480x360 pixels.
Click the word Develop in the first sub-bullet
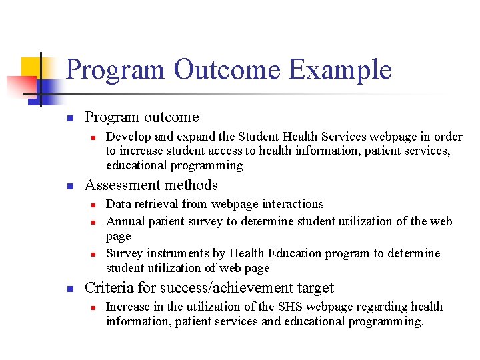128,137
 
